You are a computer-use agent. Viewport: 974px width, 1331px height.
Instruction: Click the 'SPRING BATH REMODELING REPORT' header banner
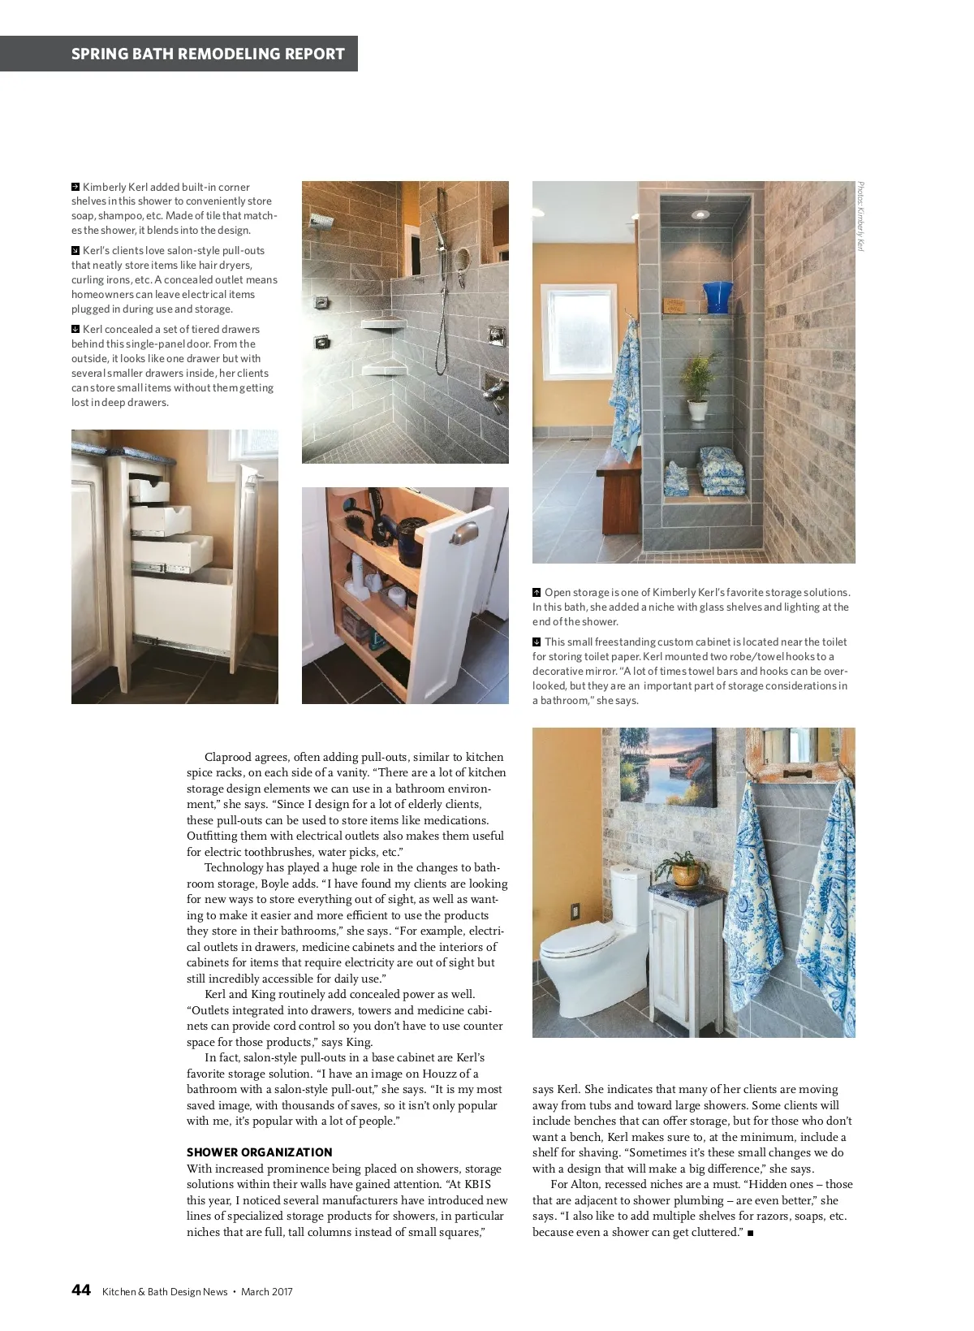[208, 54]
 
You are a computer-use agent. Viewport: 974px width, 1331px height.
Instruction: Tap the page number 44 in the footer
[80, 1290]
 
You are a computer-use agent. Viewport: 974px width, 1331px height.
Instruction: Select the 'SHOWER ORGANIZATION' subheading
[260, 1152]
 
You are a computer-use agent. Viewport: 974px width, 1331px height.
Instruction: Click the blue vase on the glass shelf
[717, 298]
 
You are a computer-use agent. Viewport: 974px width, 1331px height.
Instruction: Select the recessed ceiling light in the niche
[699, 214]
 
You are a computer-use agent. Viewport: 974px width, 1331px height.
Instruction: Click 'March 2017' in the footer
[266, 1292]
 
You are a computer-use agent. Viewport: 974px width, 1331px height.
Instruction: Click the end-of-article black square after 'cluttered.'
[750, 1233]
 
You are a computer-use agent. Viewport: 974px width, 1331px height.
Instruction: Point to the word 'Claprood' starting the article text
[229, 757]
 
